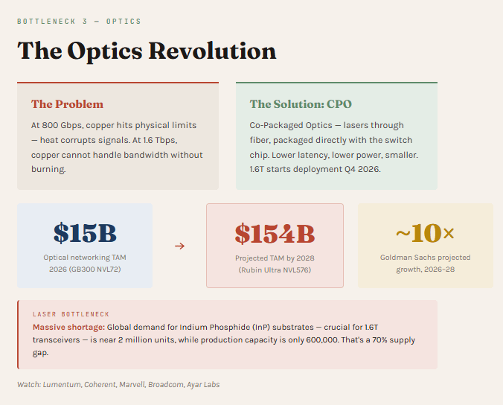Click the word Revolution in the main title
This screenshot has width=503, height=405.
(x=212, y=51)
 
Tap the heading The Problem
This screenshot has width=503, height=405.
(x=68, y=104)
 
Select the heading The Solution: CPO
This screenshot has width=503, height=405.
(x=301, y=104)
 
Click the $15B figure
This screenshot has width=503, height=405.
(x=85, y=233)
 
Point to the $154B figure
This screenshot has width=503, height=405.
(x=275, y=234)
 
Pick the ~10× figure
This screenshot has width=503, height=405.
(x=425, y=233)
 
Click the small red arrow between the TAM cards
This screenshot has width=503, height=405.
(x=179, y=246)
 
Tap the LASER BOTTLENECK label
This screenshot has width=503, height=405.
(x=71, y=314)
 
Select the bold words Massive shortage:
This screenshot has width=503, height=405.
(x=68, y=327)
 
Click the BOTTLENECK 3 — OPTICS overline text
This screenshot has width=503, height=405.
(x=79, y=22)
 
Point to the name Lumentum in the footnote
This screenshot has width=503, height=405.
(x=62, y=384)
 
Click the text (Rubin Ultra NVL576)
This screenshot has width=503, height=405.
(x=275, y=270)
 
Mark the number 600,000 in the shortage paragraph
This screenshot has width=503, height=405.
(x=321, y=339)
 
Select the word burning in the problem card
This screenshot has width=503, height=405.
(x=48, y=169)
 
